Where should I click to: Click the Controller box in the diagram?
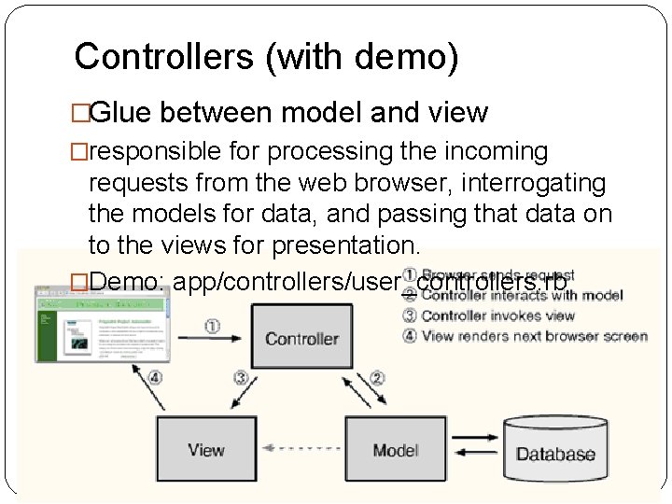coord(301,337)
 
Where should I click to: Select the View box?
coord(205,450)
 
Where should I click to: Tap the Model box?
coord(396,450)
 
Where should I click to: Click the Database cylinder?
coord(555,454)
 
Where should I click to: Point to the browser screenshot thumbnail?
coord(103,322)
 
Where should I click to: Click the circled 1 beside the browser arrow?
coord(213,327)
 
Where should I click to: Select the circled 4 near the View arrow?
coord(155,378)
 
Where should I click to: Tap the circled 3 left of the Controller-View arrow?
coord(241,378)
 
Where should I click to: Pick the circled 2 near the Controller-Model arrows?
coord(377,378)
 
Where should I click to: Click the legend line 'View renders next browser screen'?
coord(534,336)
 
